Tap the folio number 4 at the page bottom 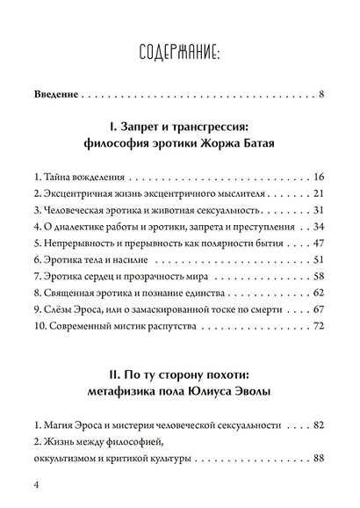coord(34,486)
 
